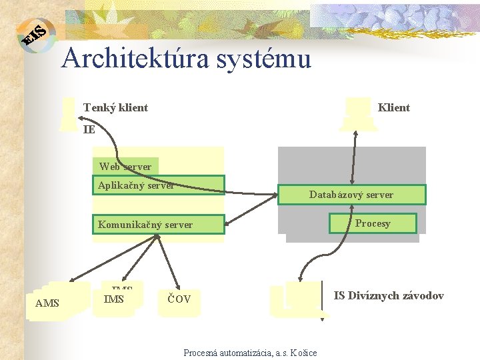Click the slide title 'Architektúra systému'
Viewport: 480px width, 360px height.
[186, 59]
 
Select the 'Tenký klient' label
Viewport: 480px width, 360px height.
[115, 107]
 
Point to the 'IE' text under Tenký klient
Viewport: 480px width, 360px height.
[89, 129]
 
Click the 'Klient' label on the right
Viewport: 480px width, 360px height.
[394, 107]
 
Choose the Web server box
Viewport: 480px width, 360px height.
[125, 166]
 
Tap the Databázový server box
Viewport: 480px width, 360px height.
[351, 195]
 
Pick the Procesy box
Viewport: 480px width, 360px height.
[373, 223]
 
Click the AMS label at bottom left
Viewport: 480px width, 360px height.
[47, 303]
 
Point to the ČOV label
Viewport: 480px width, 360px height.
[179, 299]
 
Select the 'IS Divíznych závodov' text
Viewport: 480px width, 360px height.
[389, 295]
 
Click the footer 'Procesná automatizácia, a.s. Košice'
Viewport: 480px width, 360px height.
[250, 353]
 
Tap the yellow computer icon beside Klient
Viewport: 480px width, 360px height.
[358, 113]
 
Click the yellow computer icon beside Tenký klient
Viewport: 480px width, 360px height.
[67, 113]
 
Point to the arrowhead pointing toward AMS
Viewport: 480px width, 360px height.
[73, 280]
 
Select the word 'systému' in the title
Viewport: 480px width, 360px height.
[266, 59]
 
